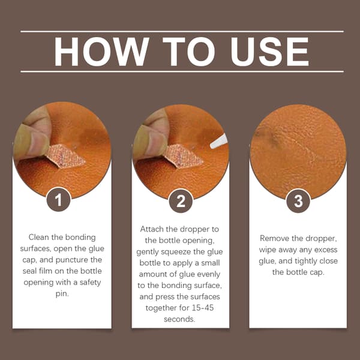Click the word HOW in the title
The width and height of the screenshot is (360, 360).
point(101,52)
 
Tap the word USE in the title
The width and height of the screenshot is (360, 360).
point(270,52)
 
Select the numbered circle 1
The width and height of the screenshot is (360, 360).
point(58,200)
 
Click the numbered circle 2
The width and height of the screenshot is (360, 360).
point(181,201)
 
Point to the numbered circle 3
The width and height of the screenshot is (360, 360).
point(298,201)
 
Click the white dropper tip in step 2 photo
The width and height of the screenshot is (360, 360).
point(219,142)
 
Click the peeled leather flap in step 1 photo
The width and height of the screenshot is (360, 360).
point(65,156)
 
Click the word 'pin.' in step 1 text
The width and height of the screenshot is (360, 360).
point(62,294)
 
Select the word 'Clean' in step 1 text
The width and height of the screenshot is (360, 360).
point(39,237)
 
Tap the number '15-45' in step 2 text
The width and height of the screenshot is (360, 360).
point(203,308)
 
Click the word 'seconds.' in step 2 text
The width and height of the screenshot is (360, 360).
point(179,319)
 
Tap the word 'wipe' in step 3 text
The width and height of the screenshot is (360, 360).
point(267,250)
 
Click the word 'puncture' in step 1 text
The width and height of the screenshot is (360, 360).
point(71,260)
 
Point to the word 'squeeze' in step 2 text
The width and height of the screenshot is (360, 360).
point(176,252)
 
